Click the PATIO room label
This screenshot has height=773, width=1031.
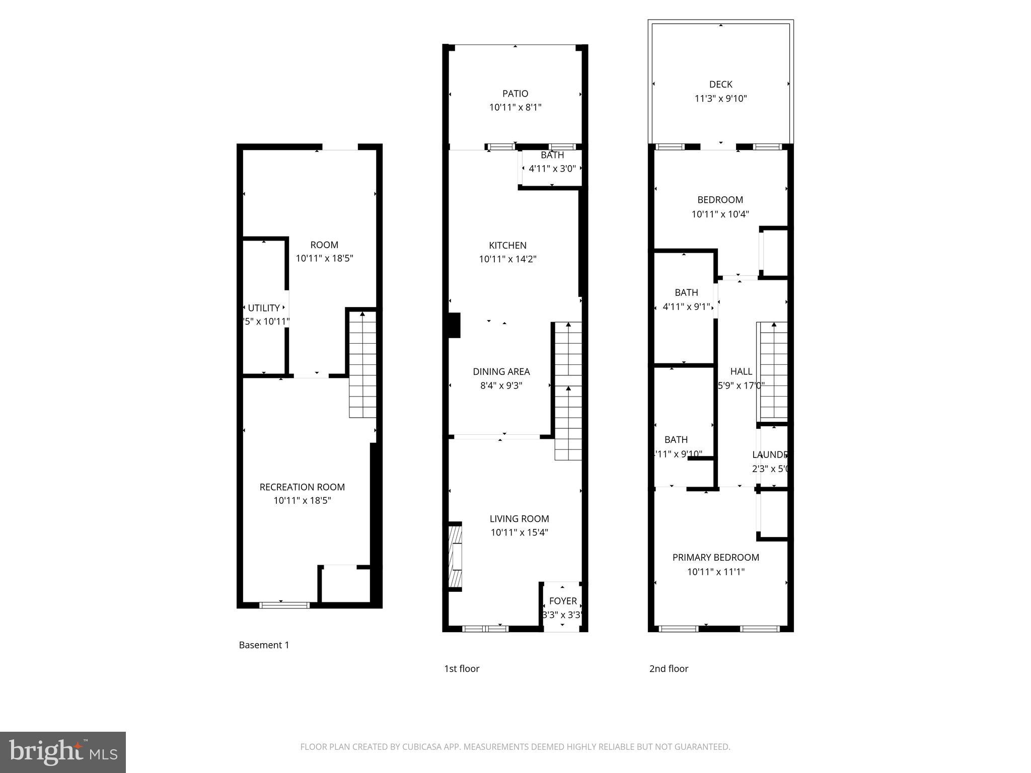point(515,94)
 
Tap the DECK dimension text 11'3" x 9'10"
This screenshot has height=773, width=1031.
point(720,99)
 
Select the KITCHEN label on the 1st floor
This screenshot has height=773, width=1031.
point(507,246)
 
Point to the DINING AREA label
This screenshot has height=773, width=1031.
point(501,372)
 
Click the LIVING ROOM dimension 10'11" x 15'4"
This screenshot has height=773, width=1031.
point(519,532)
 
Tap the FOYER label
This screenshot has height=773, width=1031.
point(563,601)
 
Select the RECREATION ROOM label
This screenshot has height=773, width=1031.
point(302,487)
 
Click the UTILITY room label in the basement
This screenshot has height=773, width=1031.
point(264,308)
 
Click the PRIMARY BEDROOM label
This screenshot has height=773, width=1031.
point(715,558)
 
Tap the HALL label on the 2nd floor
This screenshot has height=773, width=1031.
point(741,371)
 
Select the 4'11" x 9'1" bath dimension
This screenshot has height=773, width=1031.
point(686,306)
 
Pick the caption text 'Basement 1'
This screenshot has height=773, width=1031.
point(264,645)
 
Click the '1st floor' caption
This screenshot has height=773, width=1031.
point(461,669)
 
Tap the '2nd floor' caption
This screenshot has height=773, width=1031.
point(669,669)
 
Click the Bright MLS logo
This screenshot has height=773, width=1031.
point(63,752)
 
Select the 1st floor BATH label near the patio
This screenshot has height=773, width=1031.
point(552,156)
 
